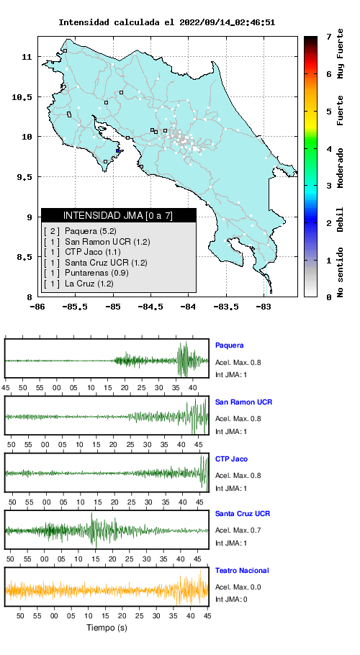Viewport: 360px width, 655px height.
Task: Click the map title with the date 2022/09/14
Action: (166, 22)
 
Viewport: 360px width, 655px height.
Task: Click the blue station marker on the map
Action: (118, 151)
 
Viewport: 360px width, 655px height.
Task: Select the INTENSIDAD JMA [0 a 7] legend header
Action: (118, 215)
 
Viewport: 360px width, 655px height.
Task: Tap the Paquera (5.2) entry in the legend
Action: (80, 231)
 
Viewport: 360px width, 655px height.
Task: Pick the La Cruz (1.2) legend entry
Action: (78, 284)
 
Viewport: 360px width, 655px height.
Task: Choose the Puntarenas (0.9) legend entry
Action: (86, 274)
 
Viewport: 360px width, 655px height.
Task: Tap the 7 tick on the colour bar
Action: (329, 37)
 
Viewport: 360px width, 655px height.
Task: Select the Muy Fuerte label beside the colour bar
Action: (341, 53)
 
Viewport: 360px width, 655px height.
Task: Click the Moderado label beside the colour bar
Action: (341, 168)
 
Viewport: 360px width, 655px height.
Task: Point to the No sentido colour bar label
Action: (341, 272)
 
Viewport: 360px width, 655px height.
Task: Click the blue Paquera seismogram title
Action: (229, 345)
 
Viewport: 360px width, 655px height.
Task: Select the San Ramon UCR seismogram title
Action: (243, 402)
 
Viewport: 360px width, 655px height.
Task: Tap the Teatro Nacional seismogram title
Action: (242, 571)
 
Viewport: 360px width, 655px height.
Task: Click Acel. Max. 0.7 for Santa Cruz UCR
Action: (238, 530)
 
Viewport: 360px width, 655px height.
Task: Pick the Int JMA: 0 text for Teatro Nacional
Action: (231, 600)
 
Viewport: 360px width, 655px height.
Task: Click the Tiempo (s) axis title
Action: (107, 628)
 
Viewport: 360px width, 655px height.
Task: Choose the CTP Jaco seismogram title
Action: (231, 459)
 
